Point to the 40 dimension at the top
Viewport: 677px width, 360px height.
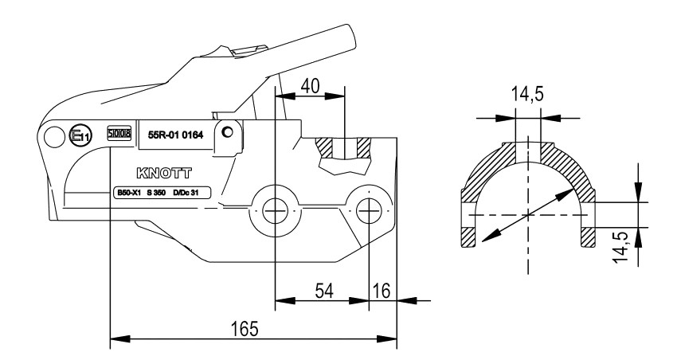[x=311, y=85]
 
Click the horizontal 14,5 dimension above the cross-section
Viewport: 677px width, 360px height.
[x=526, y=94]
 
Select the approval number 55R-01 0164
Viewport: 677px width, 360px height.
[x=177, y=135]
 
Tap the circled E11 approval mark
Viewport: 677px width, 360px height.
[x=81, y=135]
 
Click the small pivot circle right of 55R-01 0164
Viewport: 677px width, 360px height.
[x=229, y=131]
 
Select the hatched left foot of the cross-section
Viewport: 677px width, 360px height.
[x=468, y=237]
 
